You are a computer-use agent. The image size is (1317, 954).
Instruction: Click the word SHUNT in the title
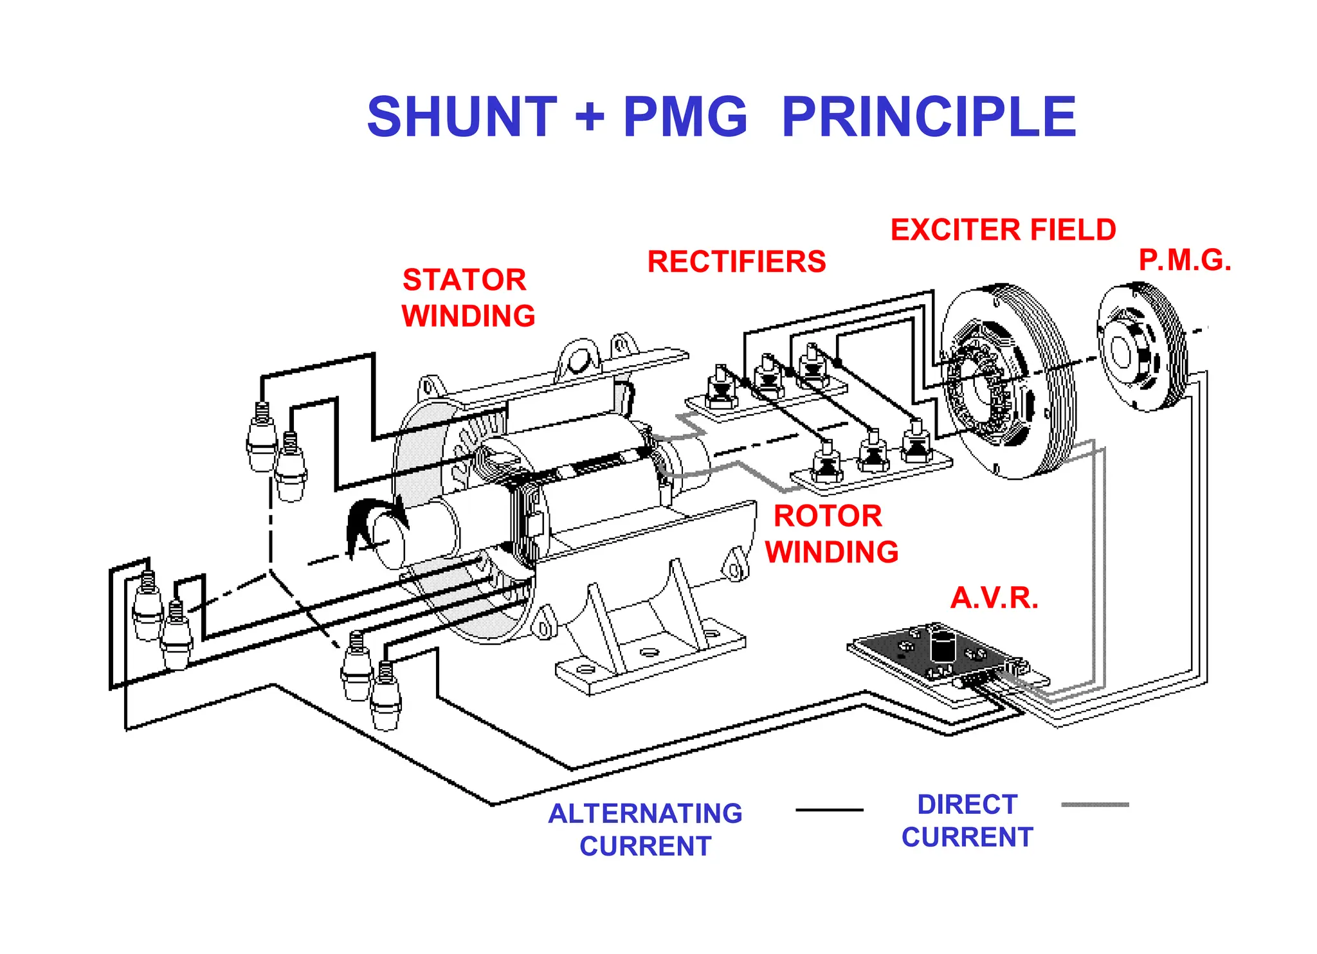[x=461, y=117]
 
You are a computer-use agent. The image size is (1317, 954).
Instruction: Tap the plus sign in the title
[x=590, y=117]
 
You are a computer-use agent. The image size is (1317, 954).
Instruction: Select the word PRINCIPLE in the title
[x=929, y=117]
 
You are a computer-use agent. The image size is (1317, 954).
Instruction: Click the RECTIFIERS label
[x=736, y=262]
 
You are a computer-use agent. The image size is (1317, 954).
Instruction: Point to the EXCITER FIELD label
[x=1003, y=230]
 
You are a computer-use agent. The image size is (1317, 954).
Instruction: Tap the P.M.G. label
[x=1185, y=260]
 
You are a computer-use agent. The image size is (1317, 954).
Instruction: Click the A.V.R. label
[x=994, y=598]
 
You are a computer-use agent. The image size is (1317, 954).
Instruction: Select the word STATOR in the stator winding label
[x=464, y=280]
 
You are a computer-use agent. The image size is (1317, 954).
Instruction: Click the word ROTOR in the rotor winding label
[x=828, y=516]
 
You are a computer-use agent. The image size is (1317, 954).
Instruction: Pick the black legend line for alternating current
[x=829, y=810]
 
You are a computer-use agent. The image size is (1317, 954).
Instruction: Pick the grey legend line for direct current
[x=1094, y=804]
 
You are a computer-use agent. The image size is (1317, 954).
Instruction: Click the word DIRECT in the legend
[x=967, y=805]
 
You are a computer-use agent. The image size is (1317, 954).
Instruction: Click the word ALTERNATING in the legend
[x=645, y=814]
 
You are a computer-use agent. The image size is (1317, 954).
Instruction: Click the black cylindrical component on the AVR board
[x=943, y=646]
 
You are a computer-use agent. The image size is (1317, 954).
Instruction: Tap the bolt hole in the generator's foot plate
[x=650, y=652]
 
